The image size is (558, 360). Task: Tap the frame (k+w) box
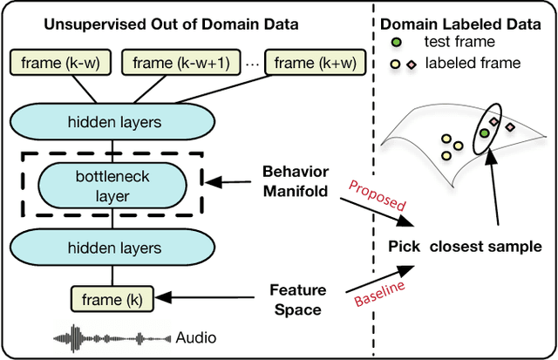click(x=306, y=62)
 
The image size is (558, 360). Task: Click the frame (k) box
click(x=111, y=300)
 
